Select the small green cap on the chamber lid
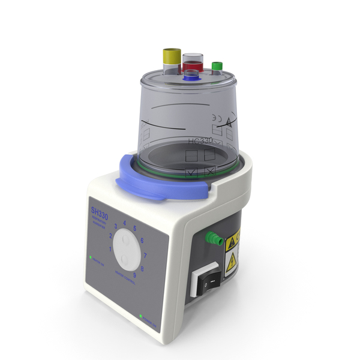217,64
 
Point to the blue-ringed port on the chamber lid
191,76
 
